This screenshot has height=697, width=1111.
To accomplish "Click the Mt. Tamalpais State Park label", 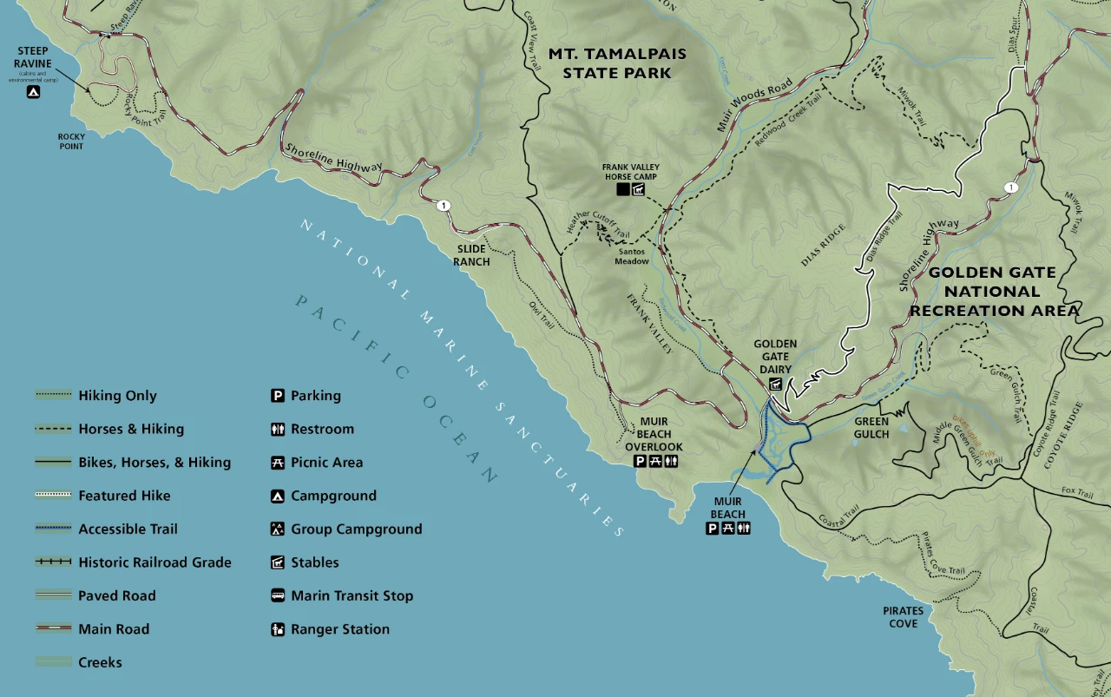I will [617, 63].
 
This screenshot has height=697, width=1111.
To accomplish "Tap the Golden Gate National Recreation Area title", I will [995, 292].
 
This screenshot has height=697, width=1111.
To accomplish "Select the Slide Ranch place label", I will [471, 255].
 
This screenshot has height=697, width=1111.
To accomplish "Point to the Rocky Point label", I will [71, 141].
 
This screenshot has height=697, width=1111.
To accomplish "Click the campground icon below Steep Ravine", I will [33, 91].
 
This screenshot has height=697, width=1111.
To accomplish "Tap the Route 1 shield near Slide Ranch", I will [444, 206].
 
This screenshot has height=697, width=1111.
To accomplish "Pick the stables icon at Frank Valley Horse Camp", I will [639, 189].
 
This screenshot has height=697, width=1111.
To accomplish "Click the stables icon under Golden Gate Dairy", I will [775, 384].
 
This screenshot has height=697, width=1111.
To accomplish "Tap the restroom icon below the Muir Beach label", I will [744, 528].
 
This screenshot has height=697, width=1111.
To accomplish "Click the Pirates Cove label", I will [904, 616].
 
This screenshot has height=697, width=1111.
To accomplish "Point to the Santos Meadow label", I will [632, 255].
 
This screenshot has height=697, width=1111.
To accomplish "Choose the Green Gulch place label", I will [871, 428].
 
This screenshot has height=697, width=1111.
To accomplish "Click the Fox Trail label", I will [1077, 492].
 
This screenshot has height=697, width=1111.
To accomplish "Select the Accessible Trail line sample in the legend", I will [53, 529].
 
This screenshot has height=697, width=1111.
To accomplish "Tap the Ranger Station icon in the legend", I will [277, 629].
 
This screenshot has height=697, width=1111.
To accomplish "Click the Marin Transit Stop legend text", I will [352, 595].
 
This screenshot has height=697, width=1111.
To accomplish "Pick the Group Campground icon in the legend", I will [277, 529].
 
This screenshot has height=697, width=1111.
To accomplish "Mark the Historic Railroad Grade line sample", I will [53, 562].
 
